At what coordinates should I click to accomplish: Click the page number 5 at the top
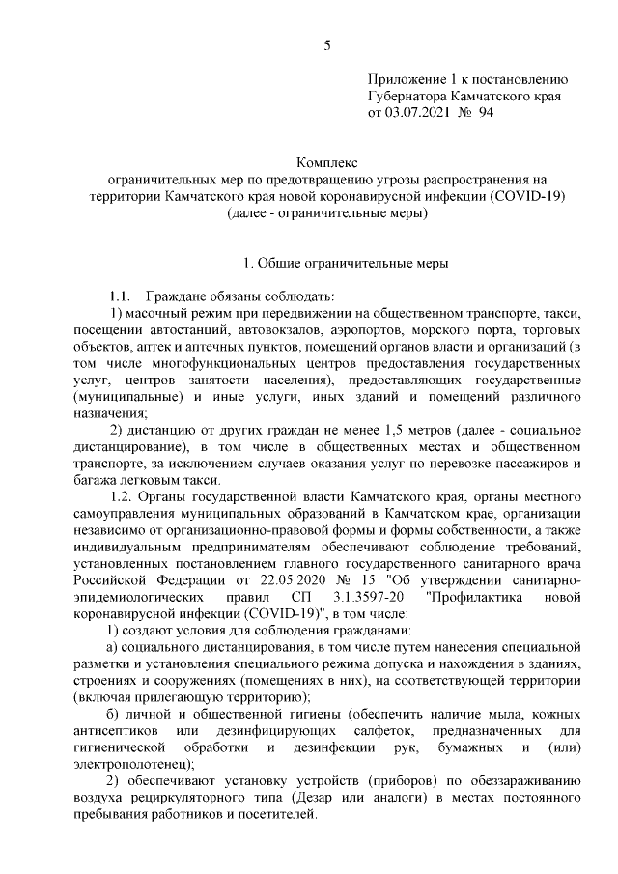(x=326, y=45)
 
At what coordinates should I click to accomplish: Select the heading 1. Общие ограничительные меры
(x=345, y=263)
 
